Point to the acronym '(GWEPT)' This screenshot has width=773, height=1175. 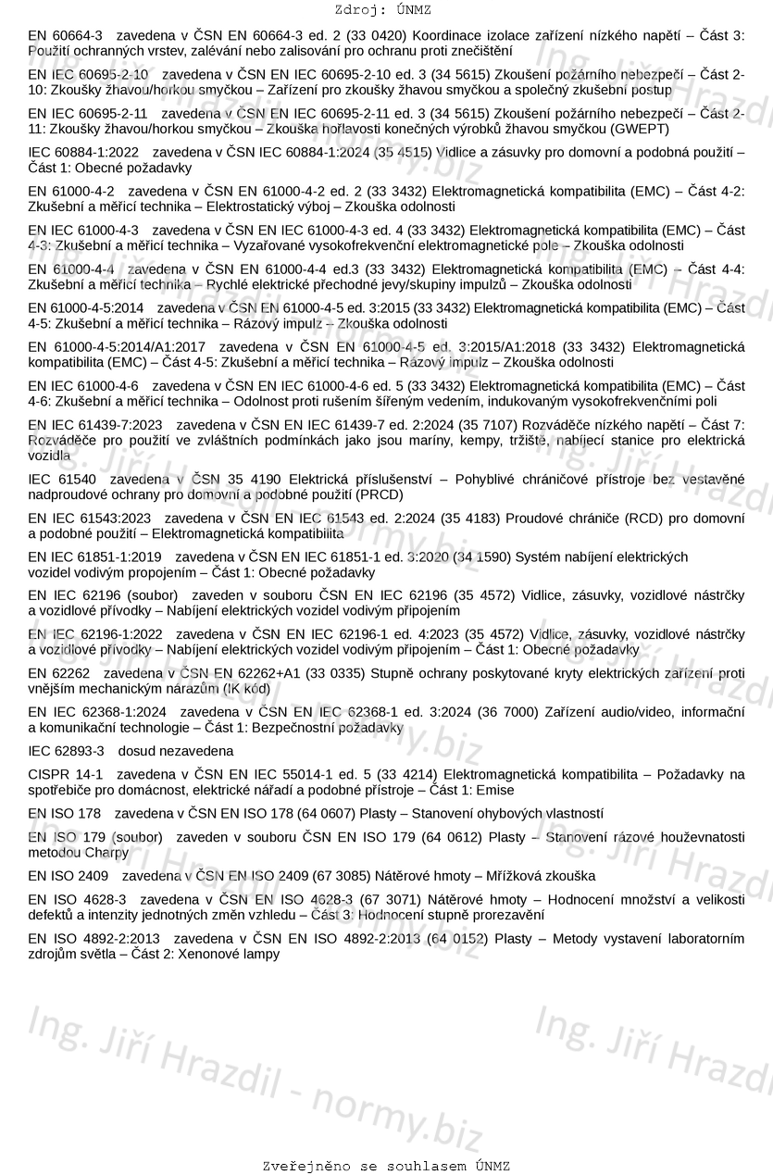[x=641, y=128]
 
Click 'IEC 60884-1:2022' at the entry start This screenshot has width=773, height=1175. [x=83, y=153]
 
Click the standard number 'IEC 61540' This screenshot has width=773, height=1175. [x=62, y=480]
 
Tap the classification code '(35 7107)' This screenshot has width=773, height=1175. [x=487, y=425]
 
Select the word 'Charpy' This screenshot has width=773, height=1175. [x=105, y=852]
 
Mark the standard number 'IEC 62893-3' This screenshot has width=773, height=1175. [x=67, y=751]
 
